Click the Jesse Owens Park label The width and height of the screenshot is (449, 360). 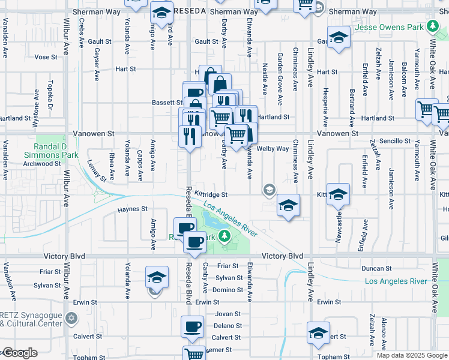[388, 27]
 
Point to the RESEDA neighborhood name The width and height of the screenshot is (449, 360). [191, 11]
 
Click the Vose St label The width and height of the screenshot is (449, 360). [46, 57]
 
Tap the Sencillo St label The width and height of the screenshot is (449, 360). [393, 141]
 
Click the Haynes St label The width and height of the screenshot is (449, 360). [133, 209]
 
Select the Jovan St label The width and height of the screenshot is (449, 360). [228, 314]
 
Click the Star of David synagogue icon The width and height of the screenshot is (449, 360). [71, 317]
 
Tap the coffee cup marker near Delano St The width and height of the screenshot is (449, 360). [193, 327]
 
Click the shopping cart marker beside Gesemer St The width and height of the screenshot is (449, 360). [194, 354]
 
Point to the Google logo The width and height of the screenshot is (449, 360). [20, 353]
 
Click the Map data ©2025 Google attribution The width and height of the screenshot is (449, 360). [412, 355]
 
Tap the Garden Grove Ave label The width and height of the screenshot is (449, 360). [280, 73]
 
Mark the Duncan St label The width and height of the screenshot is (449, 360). [378, 268]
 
